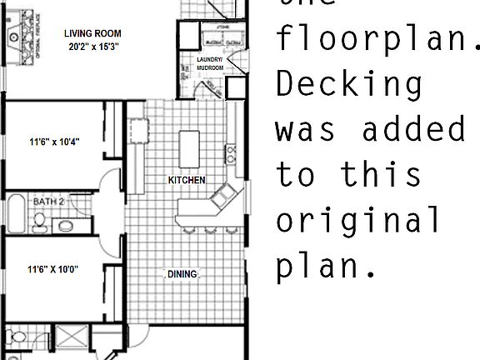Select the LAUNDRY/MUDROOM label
[x=210, y=64]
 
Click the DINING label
[x=182, y=274]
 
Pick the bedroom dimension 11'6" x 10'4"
[x=53, y=142]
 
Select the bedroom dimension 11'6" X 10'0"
[x=53, y=269]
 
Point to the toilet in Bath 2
[x=39, y=222]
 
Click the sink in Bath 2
[x=65, y=225]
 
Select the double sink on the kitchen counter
[x=222, y=197]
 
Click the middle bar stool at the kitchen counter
[x=210, y=230]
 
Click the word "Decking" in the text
[x=349, y=84]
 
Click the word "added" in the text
[x=414, y=129]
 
